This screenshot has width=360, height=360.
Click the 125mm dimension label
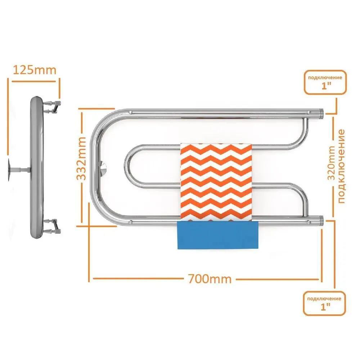click(x=35, y=70)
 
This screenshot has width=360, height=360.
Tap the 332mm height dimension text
click(x=81, y=158)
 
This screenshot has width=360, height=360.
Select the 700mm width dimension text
click(x=210, y=279)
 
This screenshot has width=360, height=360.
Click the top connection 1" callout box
click(x=325, y=82)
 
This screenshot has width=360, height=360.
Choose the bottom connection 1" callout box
click(x=324, y=303)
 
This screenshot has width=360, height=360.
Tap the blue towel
click(x=218, y=235)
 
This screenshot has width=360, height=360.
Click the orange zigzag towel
click(x=216, y=182)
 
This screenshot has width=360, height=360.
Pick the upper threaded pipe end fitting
click(x=321, y=112)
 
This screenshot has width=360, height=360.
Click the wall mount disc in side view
click(x=9, y=170)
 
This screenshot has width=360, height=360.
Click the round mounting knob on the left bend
click(x=104, y=167)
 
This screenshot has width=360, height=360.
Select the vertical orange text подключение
click(x=341, y=166)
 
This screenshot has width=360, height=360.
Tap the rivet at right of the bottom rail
click(x=309, y=222)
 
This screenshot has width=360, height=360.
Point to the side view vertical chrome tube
click(x=36, y=167)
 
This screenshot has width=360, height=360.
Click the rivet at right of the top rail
click(x=309, y=112)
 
